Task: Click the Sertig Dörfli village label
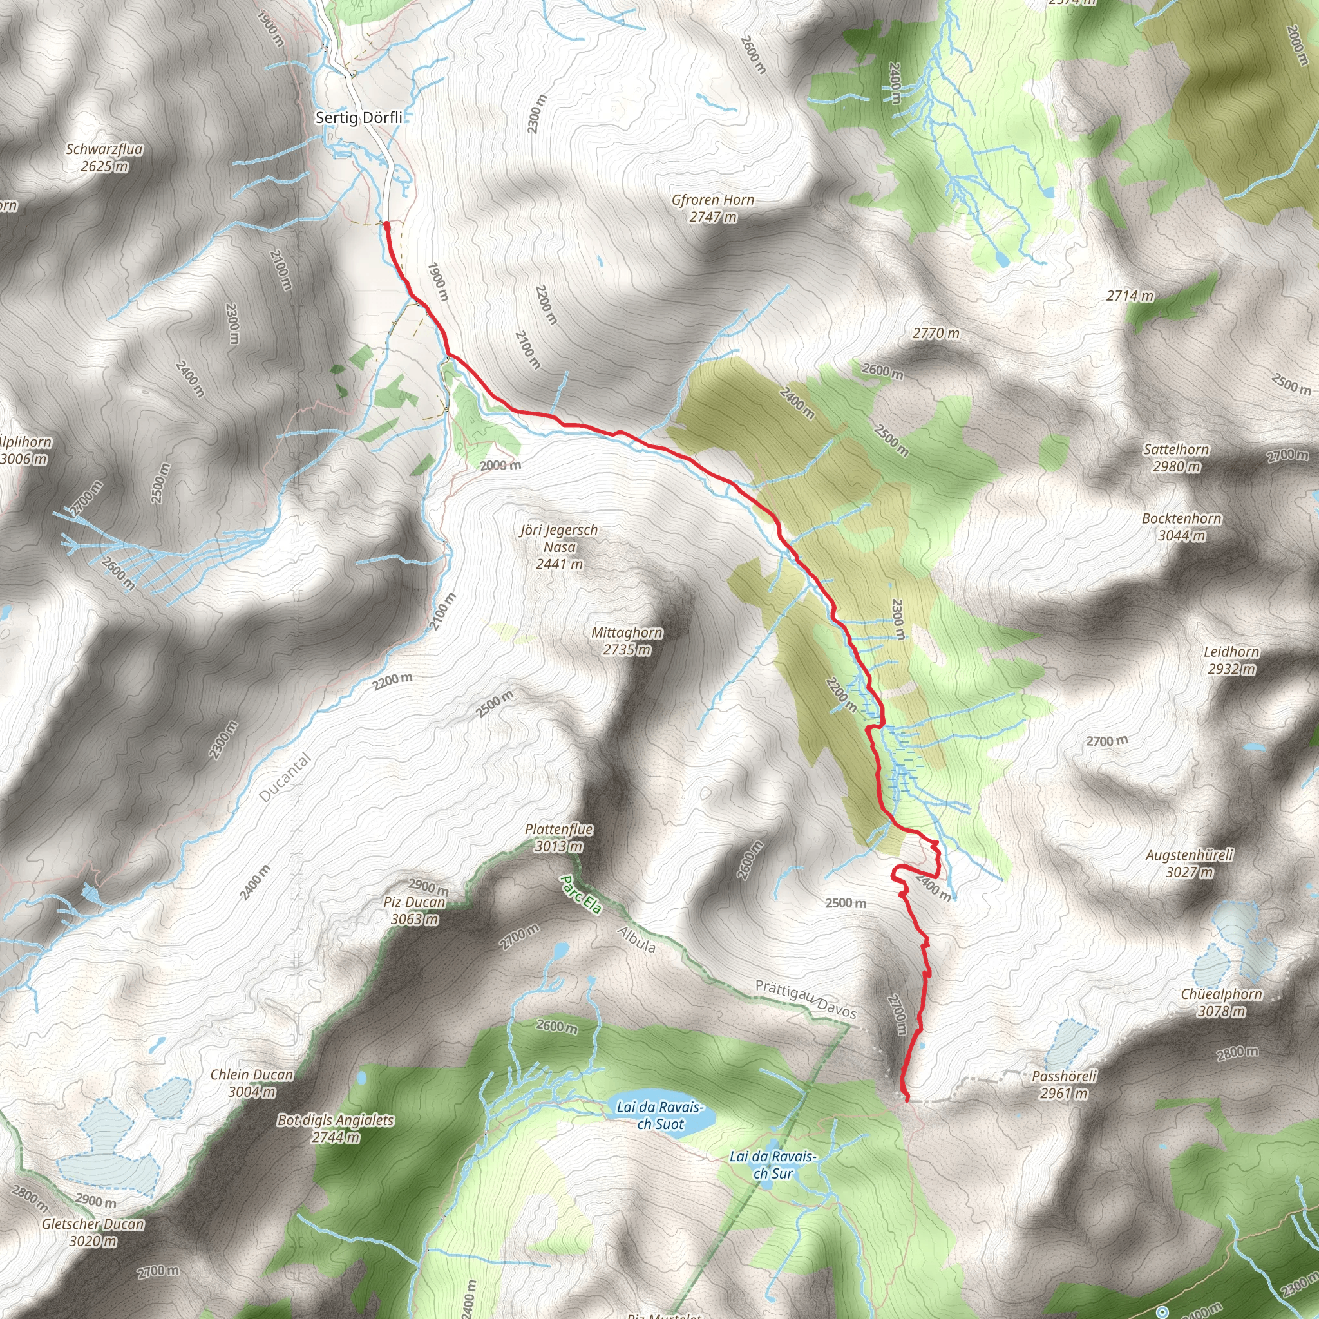[359, 117]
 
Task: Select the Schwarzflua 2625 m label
[104, 157]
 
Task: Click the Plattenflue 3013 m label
[559, 838]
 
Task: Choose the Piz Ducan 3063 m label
[414, 910]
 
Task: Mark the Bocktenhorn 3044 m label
[1182, 526]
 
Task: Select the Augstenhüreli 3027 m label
[1190, 863]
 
